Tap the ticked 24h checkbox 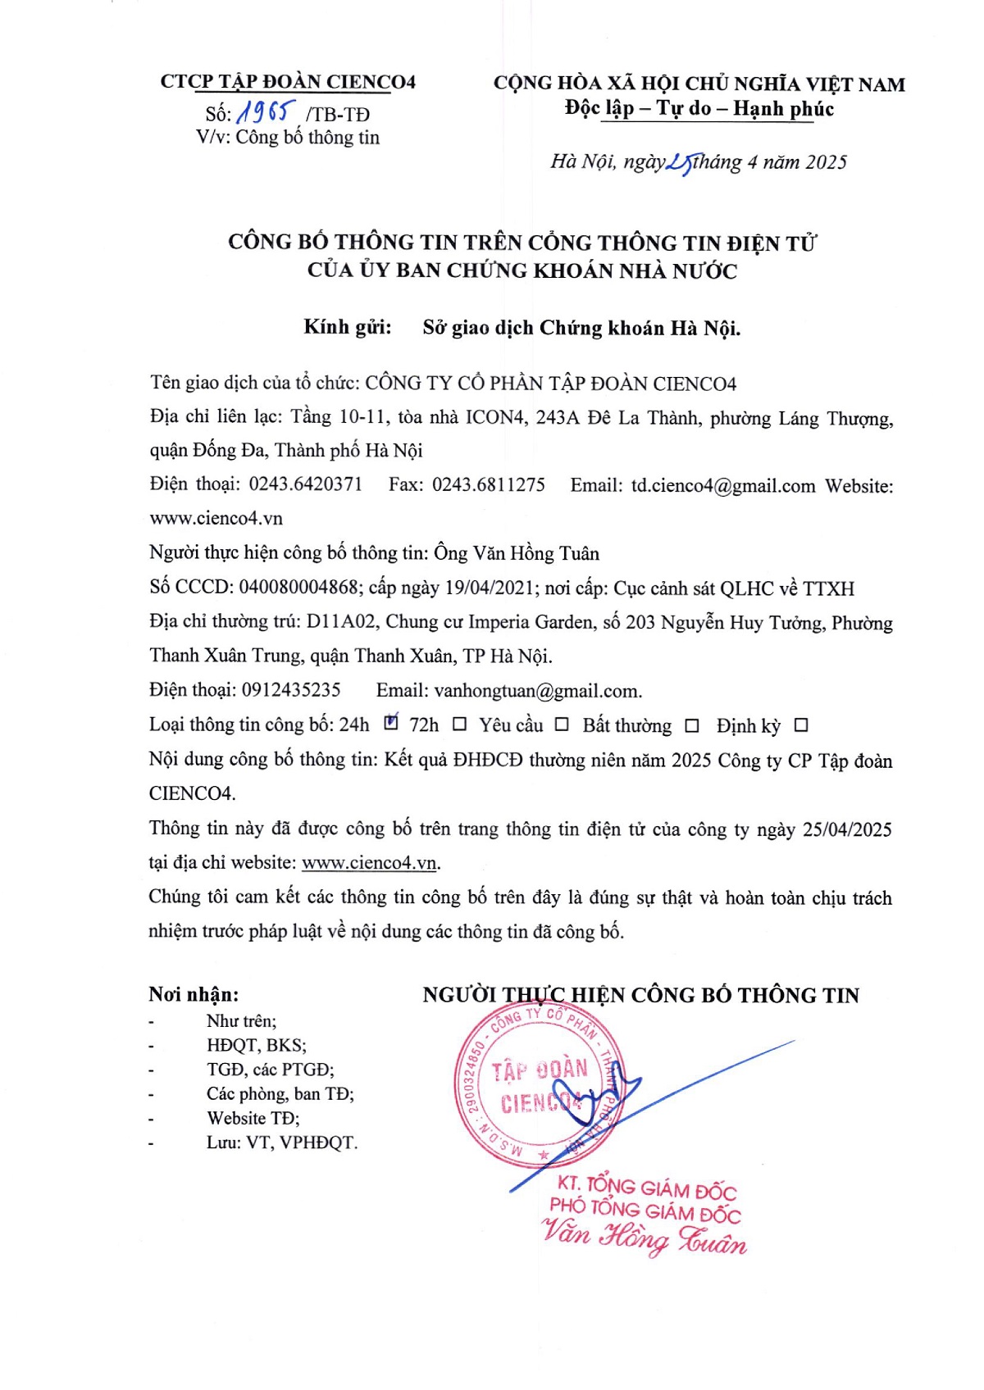(391, 723)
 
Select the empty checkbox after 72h (460, 725)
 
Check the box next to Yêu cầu (562, 725)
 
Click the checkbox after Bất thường (692, 725)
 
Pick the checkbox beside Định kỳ (801, 725)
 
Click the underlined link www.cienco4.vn (369, 863)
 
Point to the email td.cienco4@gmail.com (722, 486)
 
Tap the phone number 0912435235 (291, 690)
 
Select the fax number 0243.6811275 (488, 484)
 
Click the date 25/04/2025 (847, 829)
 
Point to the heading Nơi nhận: (194, 995)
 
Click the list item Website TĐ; (253, 1118)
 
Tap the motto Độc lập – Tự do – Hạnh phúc (699, 109)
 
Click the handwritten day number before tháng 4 (680, 163)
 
